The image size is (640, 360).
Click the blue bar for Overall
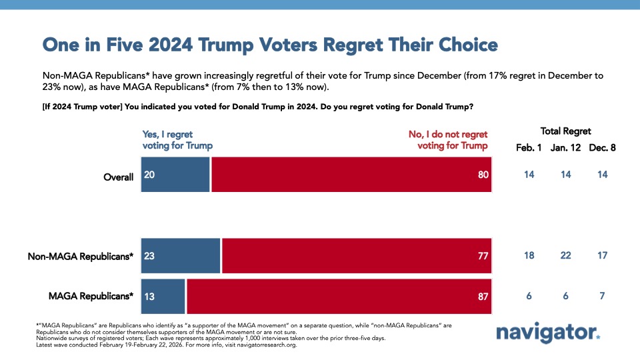[x=175, y=175]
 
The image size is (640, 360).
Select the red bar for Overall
[x=351, y=175]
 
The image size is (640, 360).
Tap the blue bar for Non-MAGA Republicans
[x=180, y=255]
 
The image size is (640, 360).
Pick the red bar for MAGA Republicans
[x=339, y=296]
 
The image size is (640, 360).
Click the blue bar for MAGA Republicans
[x=163, y=296]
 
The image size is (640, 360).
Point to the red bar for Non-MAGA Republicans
[x=357, y=255]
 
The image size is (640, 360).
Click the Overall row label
[x=118, y=177]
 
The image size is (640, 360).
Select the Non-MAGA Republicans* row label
[x=80, y=256]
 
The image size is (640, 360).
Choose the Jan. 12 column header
[x=565, y=147]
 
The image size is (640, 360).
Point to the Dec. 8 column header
[x=601, y=147]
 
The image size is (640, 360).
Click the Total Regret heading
[x=565, y=131]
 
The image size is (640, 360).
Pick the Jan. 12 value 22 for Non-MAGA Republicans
[x=565, y=255]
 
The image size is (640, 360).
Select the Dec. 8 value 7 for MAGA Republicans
[x=601, y=296]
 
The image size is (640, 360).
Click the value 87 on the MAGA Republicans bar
[x=483, y=296]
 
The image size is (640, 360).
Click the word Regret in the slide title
[x=369, y=45]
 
